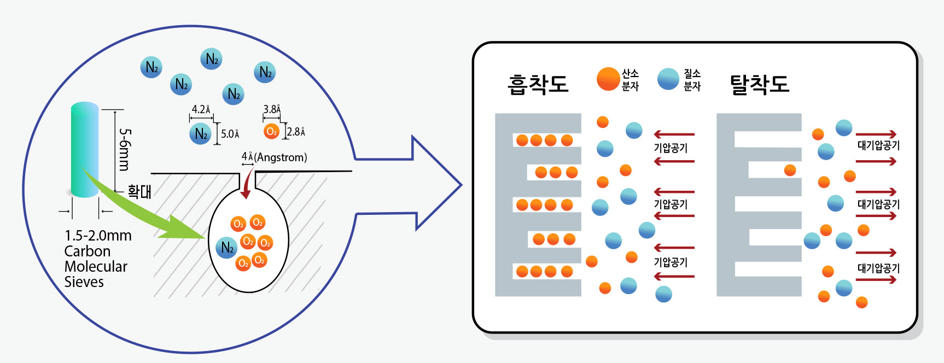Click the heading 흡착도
[x=538, y=84]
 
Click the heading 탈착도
[x=759, y=84]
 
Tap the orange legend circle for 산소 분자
[x=608, y=79]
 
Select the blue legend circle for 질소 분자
[x=668, y=79]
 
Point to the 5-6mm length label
[x=125, y=149]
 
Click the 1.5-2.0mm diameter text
[x=98, y=236]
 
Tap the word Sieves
[x=84, y=282]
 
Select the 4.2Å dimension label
[x=201, y=110]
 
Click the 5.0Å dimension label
[x=230, y=134]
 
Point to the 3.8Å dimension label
[x=272, y=109]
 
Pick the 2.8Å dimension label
[x=296, y=132]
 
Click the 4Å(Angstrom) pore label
[x=275, y=157]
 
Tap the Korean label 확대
[x=139, y=191]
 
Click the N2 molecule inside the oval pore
[x=227, y=248]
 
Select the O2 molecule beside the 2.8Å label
[x=271, y=131]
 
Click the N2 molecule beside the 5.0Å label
[x=200, y=134]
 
